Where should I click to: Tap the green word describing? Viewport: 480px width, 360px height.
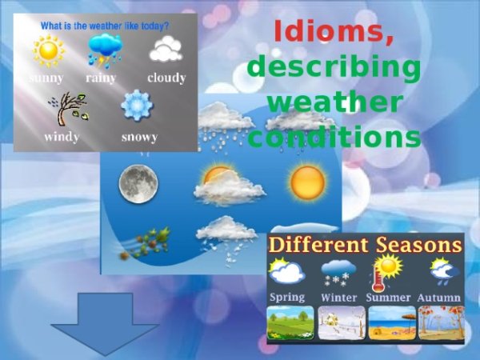[x=334, y=68]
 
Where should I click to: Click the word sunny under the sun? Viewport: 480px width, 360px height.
[x=47, y=78]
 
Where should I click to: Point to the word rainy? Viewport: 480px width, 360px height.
[x=102, y=78]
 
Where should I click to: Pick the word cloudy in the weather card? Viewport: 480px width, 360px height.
[x=166, y=78]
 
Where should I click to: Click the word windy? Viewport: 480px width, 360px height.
[x=62, y=136]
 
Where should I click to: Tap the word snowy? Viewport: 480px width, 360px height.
[x=139, y=136]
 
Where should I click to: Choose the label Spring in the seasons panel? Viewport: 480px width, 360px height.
[x=286, y=297]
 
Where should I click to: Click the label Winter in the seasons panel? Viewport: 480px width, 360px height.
[x=339, y=298]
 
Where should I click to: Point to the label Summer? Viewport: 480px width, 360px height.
[x=389, y=298]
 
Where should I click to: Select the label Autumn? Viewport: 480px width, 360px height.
[x=439, y=298]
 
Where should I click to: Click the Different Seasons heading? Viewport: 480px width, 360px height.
[x=366, y=245]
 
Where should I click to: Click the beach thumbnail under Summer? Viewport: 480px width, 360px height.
[x=390, y=323]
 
